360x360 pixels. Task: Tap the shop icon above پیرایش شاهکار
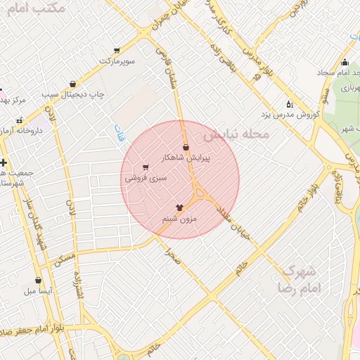186,147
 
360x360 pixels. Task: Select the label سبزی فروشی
146,179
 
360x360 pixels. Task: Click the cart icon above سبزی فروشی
146,167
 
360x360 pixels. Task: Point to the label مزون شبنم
180,219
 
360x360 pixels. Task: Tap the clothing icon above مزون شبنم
180,207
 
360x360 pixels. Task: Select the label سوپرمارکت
116,61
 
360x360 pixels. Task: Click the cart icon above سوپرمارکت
116,51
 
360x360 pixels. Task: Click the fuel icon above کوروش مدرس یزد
290,103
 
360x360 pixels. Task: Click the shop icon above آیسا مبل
38,281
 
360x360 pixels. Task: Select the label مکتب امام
39,9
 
